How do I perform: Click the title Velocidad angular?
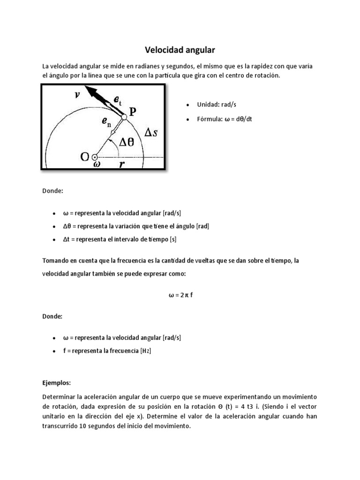tap(180, 49)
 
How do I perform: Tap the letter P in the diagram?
tap(134, 111)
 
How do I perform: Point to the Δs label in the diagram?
tap(151, 133)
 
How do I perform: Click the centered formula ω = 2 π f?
tap(180, 295)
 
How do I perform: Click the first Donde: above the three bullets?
tap(52, 191)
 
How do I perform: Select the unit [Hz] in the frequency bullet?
tap(146, 351)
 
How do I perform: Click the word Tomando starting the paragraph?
tap(56, 260)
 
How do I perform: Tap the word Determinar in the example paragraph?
tap(59, 397)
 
